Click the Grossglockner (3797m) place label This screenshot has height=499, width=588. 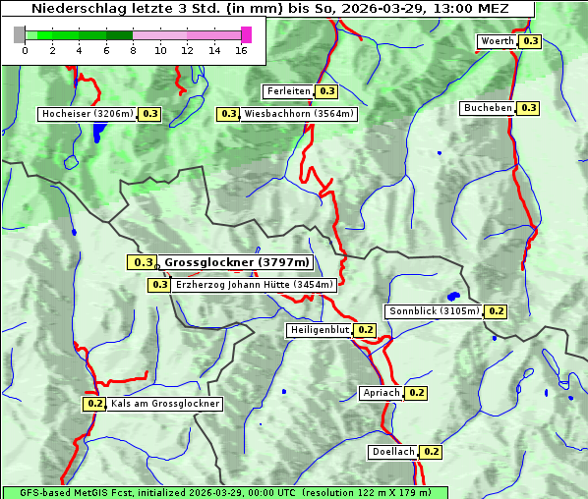click(236, 262)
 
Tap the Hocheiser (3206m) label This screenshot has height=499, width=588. click(88, 114)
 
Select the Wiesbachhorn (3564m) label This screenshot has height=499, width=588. click(300, 114)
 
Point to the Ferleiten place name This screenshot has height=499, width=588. click(287, 91)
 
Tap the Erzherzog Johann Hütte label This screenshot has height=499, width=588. click(255, 285)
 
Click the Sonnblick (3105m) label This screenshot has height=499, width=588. click(434, 311)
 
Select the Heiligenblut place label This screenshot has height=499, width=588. click(319, 330)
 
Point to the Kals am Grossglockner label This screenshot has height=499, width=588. click(164, 404)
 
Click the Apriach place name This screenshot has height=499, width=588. click(381, 393)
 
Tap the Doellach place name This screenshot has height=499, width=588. click(393, 452)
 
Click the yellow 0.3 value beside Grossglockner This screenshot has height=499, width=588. click(143, 262)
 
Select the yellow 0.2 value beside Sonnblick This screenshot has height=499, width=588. click(497, 311)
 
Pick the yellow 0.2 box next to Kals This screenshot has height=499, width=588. click(94, 404)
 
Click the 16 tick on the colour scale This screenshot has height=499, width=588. click(241, 51)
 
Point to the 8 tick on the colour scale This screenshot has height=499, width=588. click(133, 51)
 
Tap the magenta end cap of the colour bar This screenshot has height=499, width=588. click(246, 34)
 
